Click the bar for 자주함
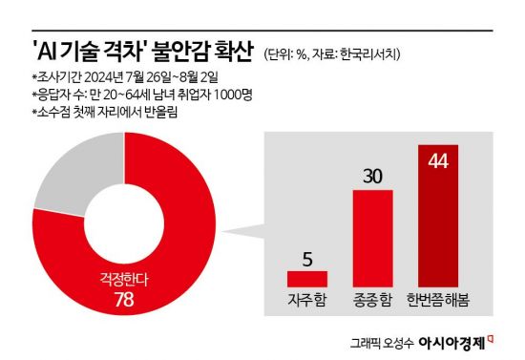(x=307, y=279)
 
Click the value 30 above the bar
(x=372, y=175)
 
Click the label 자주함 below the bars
(x=307, y=300)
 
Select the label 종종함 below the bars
(x=372, y=300)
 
